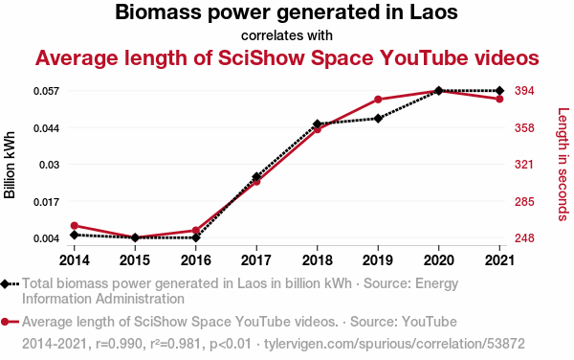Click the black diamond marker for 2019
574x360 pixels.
tap(378, 119)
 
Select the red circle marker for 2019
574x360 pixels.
tap(378, 100)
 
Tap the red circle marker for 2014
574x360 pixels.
tap(75, 226)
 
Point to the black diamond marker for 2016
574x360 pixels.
tap(196, 237)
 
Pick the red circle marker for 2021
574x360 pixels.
tap(499, 100)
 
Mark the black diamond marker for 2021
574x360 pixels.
tap(499, 91)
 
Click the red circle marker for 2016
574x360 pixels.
tap(196, 231)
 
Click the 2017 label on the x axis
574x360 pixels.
tap(256, 260)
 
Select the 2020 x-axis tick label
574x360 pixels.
tap(438, 260)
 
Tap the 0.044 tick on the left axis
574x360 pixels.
tap(46, 128)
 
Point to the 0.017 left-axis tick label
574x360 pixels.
tap(46, 202)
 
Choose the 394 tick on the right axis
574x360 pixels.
tap(524, 90)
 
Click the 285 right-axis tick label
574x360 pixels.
tap(524, 201)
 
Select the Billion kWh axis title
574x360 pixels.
tap(10, 165)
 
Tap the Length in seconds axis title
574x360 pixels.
tap(563, 165)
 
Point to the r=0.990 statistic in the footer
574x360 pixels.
tap(119, 344)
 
